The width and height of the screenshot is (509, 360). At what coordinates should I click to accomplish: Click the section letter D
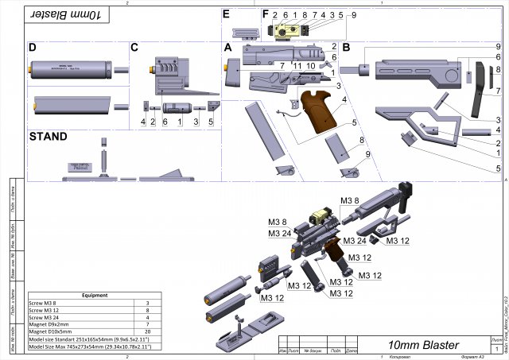click(33, 48)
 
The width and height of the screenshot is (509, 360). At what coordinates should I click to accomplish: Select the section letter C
click(134, 48)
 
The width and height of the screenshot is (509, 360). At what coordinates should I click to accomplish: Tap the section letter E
click(227, 14)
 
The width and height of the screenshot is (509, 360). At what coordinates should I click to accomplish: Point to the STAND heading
click(48, 137)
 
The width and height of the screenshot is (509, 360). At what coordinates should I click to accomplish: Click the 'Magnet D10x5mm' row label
click(51, 331)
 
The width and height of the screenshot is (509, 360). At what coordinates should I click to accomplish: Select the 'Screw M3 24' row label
click(45, 317)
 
